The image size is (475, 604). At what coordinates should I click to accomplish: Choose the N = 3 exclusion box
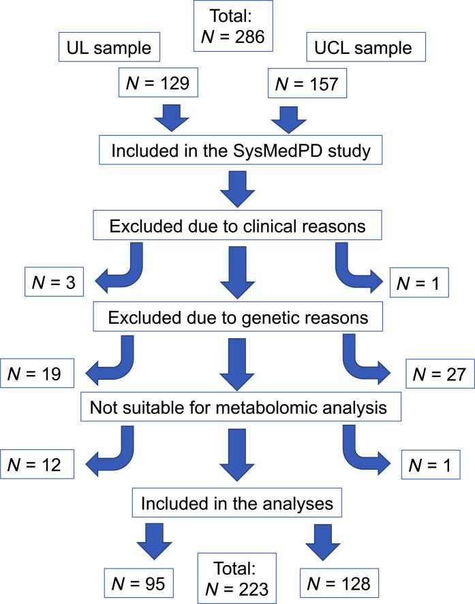(52, 281)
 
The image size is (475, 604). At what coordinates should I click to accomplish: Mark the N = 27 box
(436, 374)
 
